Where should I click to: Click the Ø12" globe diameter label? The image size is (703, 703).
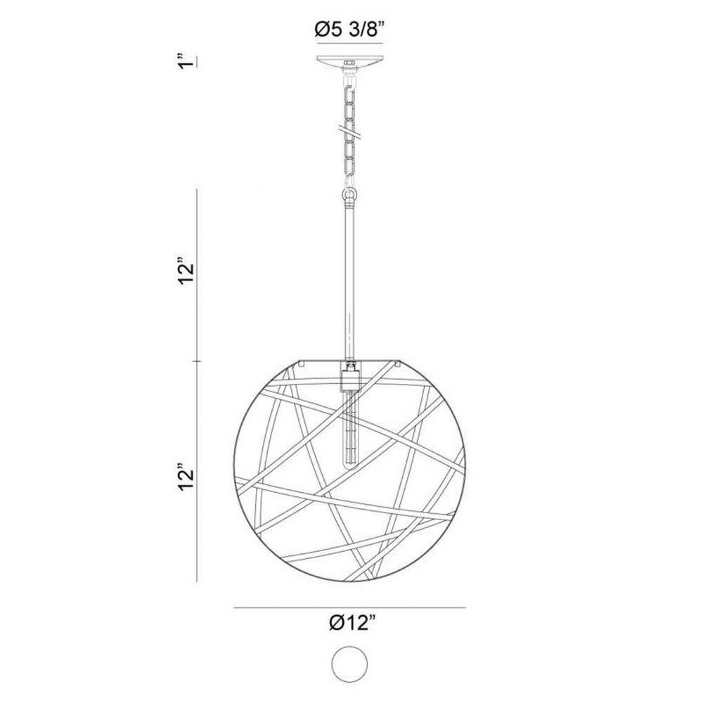351,623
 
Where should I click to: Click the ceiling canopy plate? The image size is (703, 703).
349,61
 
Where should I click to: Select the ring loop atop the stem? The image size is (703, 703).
349,195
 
